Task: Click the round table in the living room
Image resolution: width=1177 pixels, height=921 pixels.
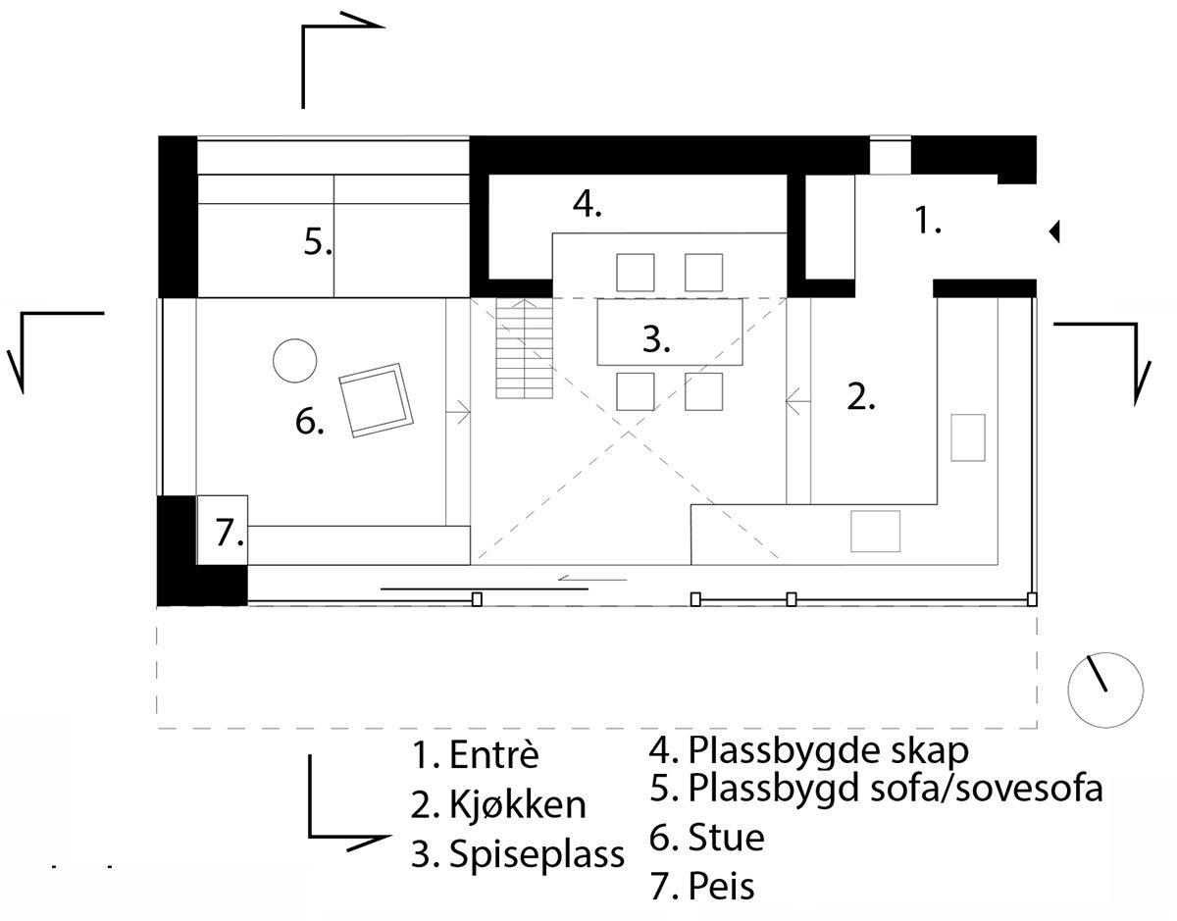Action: point(294,361)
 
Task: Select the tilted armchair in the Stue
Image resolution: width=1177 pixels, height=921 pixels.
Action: point(376,400)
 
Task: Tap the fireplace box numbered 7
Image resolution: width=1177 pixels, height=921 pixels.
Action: point(222,530)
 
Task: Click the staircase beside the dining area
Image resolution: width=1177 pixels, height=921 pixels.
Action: point(525,348)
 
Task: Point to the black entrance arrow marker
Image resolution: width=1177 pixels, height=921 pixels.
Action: point(1054,231)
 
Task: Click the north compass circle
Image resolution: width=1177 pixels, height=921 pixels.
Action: point(1105,690)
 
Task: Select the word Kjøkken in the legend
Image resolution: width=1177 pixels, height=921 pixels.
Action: point(517,804)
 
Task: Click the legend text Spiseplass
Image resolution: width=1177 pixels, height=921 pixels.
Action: point(537,854)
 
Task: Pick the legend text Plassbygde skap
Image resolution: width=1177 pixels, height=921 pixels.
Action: point(828,750)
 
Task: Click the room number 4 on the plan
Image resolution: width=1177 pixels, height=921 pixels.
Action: point(588,204)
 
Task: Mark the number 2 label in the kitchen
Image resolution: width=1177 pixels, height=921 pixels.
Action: point(860,397)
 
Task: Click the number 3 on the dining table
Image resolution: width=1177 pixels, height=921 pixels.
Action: point(656,339)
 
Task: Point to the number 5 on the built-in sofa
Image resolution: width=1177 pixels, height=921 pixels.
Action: point(318,241)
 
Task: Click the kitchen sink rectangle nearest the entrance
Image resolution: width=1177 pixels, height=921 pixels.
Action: point(968,437)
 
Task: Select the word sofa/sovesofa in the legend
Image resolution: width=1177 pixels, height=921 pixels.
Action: point(986,788)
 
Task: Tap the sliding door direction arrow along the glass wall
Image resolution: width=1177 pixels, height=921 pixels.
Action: point(592,580)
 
